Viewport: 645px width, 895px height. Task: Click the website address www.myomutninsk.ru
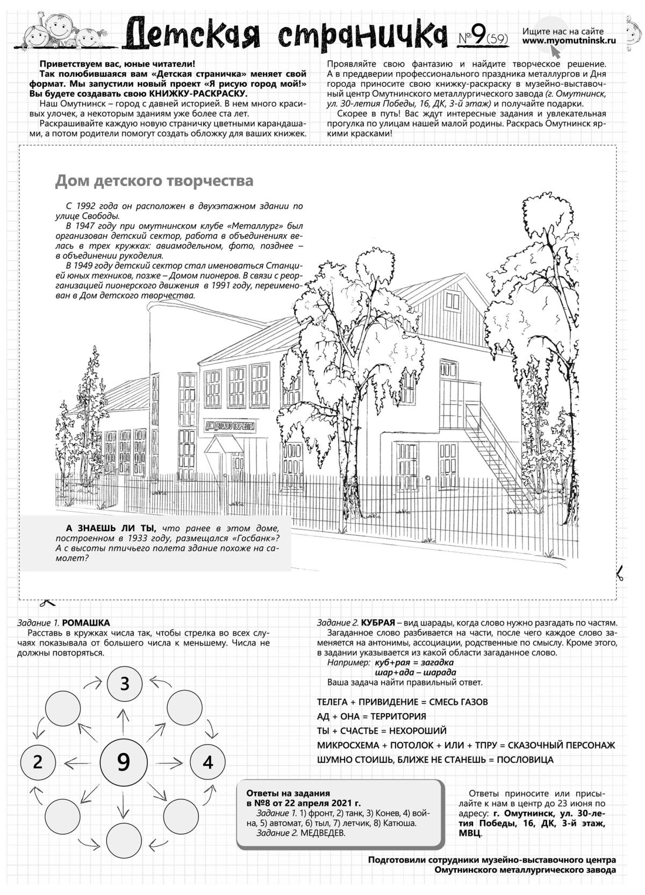569,40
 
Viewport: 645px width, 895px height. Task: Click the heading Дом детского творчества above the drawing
154,181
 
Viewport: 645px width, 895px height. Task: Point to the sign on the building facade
230,426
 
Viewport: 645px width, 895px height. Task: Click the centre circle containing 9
124,762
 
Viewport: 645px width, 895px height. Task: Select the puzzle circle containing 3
125,684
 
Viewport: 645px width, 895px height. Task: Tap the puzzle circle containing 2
38,762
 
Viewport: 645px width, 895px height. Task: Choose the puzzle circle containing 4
208,762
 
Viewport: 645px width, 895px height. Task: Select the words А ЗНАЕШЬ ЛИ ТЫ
111,528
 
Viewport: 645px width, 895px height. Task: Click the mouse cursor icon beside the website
555,52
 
